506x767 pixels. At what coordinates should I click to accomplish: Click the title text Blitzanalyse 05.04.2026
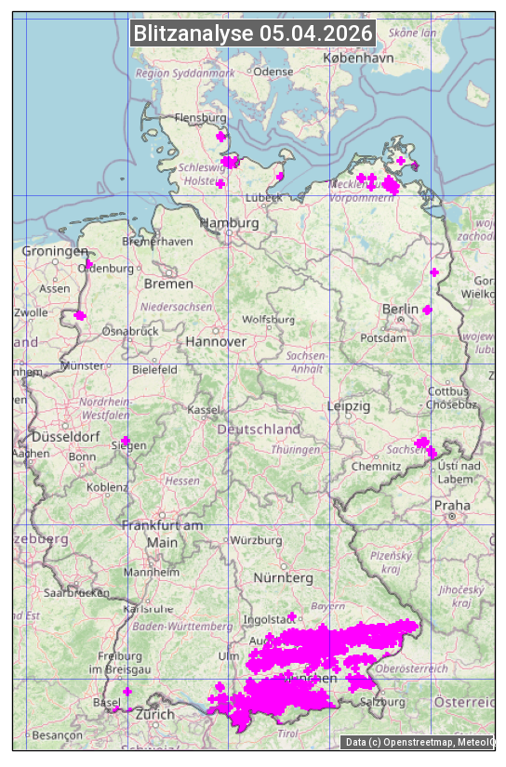click(x=253, y=33)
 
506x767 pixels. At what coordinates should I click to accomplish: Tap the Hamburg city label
click(x=229, y=223)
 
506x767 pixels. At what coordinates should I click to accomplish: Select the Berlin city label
click(x=401, y=309)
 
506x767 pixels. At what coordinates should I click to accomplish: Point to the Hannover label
click(x=216, y=341)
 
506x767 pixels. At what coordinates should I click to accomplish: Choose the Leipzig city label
click(x=349, y=406)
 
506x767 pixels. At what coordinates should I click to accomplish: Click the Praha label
click(x=451, y=505)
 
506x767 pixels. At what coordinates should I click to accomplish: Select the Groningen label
click(x=54, y=251)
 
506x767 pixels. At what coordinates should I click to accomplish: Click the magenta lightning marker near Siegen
click(x=126, y=441)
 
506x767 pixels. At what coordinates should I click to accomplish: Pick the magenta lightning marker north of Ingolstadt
click(x=292, y=616)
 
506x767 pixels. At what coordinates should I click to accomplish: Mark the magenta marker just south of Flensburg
click(x=220, y=137)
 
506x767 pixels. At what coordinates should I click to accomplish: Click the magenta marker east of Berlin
click(x=427, y=310)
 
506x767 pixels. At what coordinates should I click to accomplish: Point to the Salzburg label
click(x=383, y=702)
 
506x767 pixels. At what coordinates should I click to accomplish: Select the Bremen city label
click(x=168, y=283)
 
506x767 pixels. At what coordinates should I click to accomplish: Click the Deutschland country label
click(x=259, y=429)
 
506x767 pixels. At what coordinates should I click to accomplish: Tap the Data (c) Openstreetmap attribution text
click(x=419, y=742)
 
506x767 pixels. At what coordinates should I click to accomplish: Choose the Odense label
click(x=273, y=71)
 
